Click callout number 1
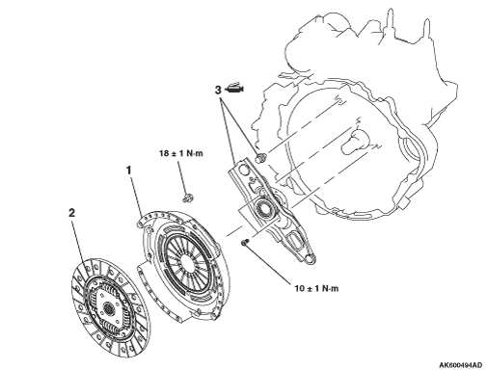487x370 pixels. pyautogui.click(x=129, y=171)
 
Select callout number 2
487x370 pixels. pyautogui.click(x=71, y=213)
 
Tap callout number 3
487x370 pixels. pyautogui.click(x=218, y=91)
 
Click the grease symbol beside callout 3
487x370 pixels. pyautogui.click(x=234, y=89)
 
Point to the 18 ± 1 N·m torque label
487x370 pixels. pyautogui.click(x=181, y=153)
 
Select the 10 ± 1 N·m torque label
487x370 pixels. pyautogui.click(x=316, y=288)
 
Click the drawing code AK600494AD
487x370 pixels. pyautogui.click(x=461, y=365)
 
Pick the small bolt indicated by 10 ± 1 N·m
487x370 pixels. pyautogui.click(x=245, y=242)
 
